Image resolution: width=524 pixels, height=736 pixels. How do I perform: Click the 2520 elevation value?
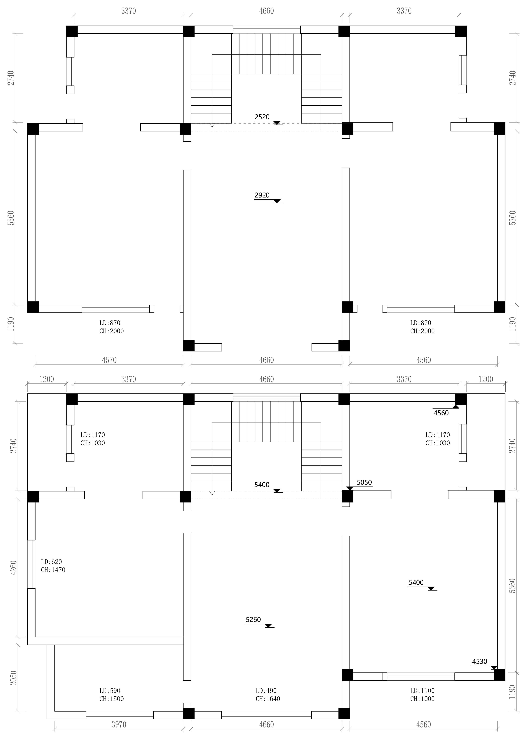point(262,117)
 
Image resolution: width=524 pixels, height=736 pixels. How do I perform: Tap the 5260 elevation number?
point(253,620)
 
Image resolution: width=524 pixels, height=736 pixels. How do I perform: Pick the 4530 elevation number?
point(479,662)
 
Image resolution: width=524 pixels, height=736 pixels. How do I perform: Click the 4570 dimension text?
point(109,360)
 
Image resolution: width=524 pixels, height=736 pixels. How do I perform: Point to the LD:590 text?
point(110,691)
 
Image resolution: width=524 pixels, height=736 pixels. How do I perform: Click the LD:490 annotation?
point(266,691)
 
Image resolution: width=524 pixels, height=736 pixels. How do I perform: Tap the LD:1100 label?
point(422,691)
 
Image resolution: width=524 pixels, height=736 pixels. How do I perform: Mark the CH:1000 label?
point(422,699)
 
